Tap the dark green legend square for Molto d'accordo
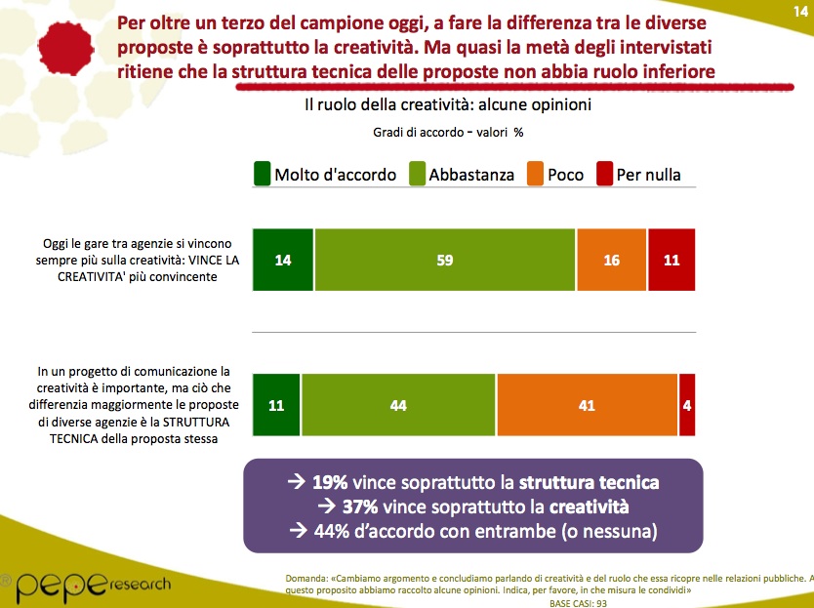click(x=261, y=175)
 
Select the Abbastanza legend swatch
click(x=413, y=175)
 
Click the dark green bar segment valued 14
click(x=283, y=260)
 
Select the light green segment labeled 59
click(x=445, y=260)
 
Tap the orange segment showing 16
click(x=611, y=260)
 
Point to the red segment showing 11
click(x=671, y=260)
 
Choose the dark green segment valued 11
click(x=276, y=405)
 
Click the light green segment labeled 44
click(x=398, y=405)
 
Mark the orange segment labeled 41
click(x=587, y=405)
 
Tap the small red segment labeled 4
click(x=687, y=405)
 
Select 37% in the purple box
click(x=360, y=507)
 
